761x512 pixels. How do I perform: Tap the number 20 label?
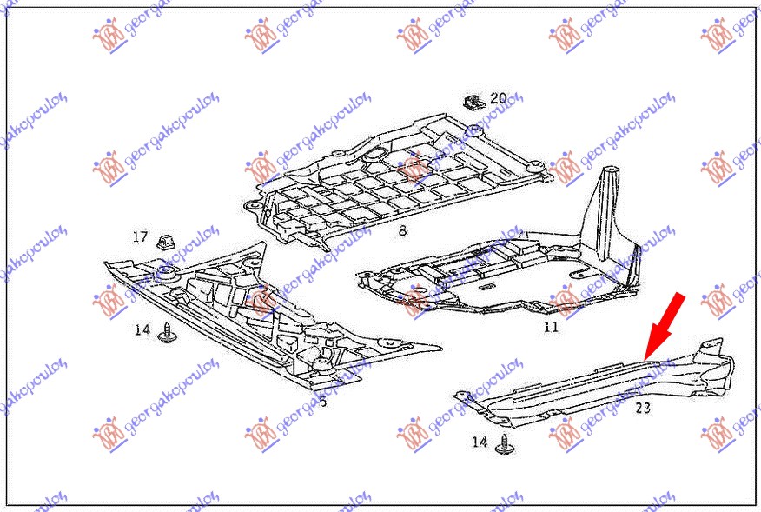click(x=498, y=98)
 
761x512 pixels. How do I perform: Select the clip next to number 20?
click(x=473, y=102)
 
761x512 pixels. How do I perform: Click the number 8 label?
click(x=402, y=231)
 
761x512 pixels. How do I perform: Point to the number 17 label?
click(x=140, y=236)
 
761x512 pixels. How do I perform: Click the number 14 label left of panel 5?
click(x=142, y=329)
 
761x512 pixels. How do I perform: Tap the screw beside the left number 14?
click(x=168, y=332)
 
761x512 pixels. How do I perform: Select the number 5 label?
click(x=323, y=401)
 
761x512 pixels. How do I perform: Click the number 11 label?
click(x=551, y=327)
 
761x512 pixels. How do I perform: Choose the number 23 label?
click(x=643, y=407)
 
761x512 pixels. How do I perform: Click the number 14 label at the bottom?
click(x=480, y=442)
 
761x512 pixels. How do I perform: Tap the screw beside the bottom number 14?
click(x=504, y=445)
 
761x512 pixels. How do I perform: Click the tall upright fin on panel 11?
click(x=608, y=191)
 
